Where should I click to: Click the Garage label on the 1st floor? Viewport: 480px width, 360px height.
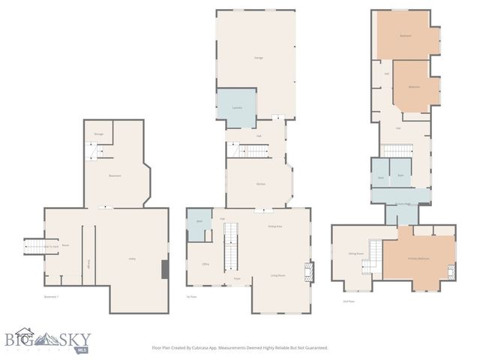click(259, 57)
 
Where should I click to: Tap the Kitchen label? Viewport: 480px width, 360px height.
click(260, 184)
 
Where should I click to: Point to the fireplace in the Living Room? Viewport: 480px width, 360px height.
click(310, 271)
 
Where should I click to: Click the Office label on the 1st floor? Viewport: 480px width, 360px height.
click(205, 265)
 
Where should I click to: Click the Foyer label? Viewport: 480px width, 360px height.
click(237, 277)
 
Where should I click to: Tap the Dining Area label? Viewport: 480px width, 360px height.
click(274, 226)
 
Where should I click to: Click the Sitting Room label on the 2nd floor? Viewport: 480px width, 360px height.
click(355, 254)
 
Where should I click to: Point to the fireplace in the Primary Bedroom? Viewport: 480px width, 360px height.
click(451, 271)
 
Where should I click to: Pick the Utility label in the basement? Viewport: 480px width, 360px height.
click(132, 259)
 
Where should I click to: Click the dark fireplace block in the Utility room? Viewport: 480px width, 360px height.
click(165, 269)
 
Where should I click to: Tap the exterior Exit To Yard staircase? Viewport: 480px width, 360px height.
click(34, 246)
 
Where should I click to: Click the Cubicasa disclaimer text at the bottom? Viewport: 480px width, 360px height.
click(240, 348)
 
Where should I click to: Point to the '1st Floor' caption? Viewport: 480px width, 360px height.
click(191, 297)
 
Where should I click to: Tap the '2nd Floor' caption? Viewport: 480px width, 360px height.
click(348, 301)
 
